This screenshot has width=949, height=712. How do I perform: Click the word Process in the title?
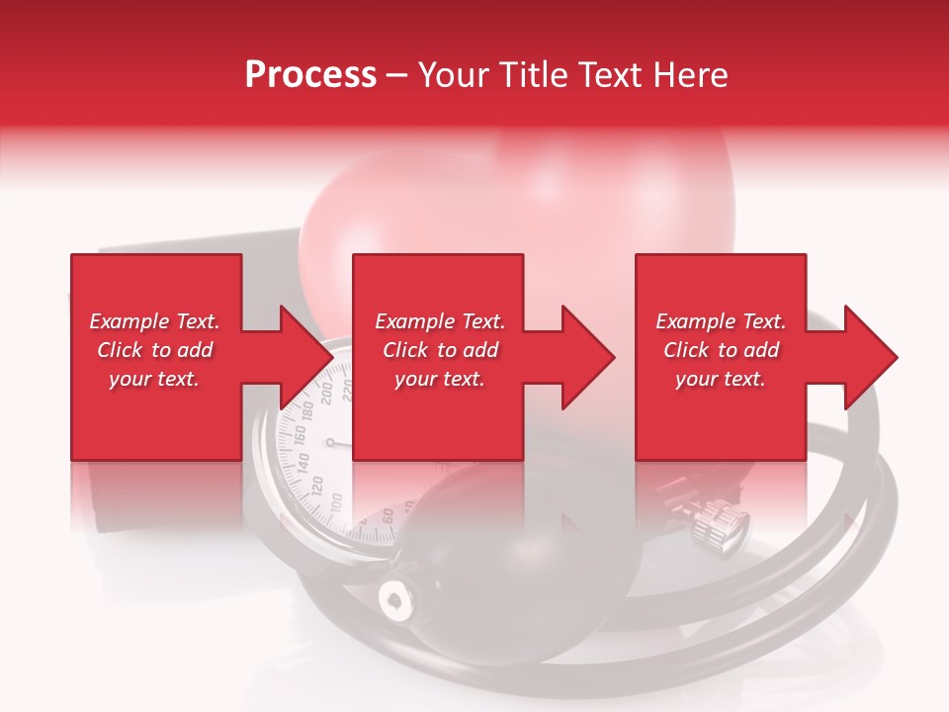(310, 75)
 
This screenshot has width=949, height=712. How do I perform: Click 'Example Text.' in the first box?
(154, 321)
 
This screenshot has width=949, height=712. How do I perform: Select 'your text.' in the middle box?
(439, 379)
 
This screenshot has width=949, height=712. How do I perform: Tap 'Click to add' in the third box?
(721, 350)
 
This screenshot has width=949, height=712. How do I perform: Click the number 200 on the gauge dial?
(328, 400)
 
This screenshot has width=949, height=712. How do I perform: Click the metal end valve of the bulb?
(395, 598)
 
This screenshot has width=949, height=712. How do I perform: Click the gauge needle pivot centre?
(330, 443)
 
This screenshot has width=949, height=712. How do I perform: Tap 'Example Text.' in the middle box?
(439, 321)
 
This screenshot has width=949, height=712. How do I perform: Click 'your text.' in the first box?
(154, 379)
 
